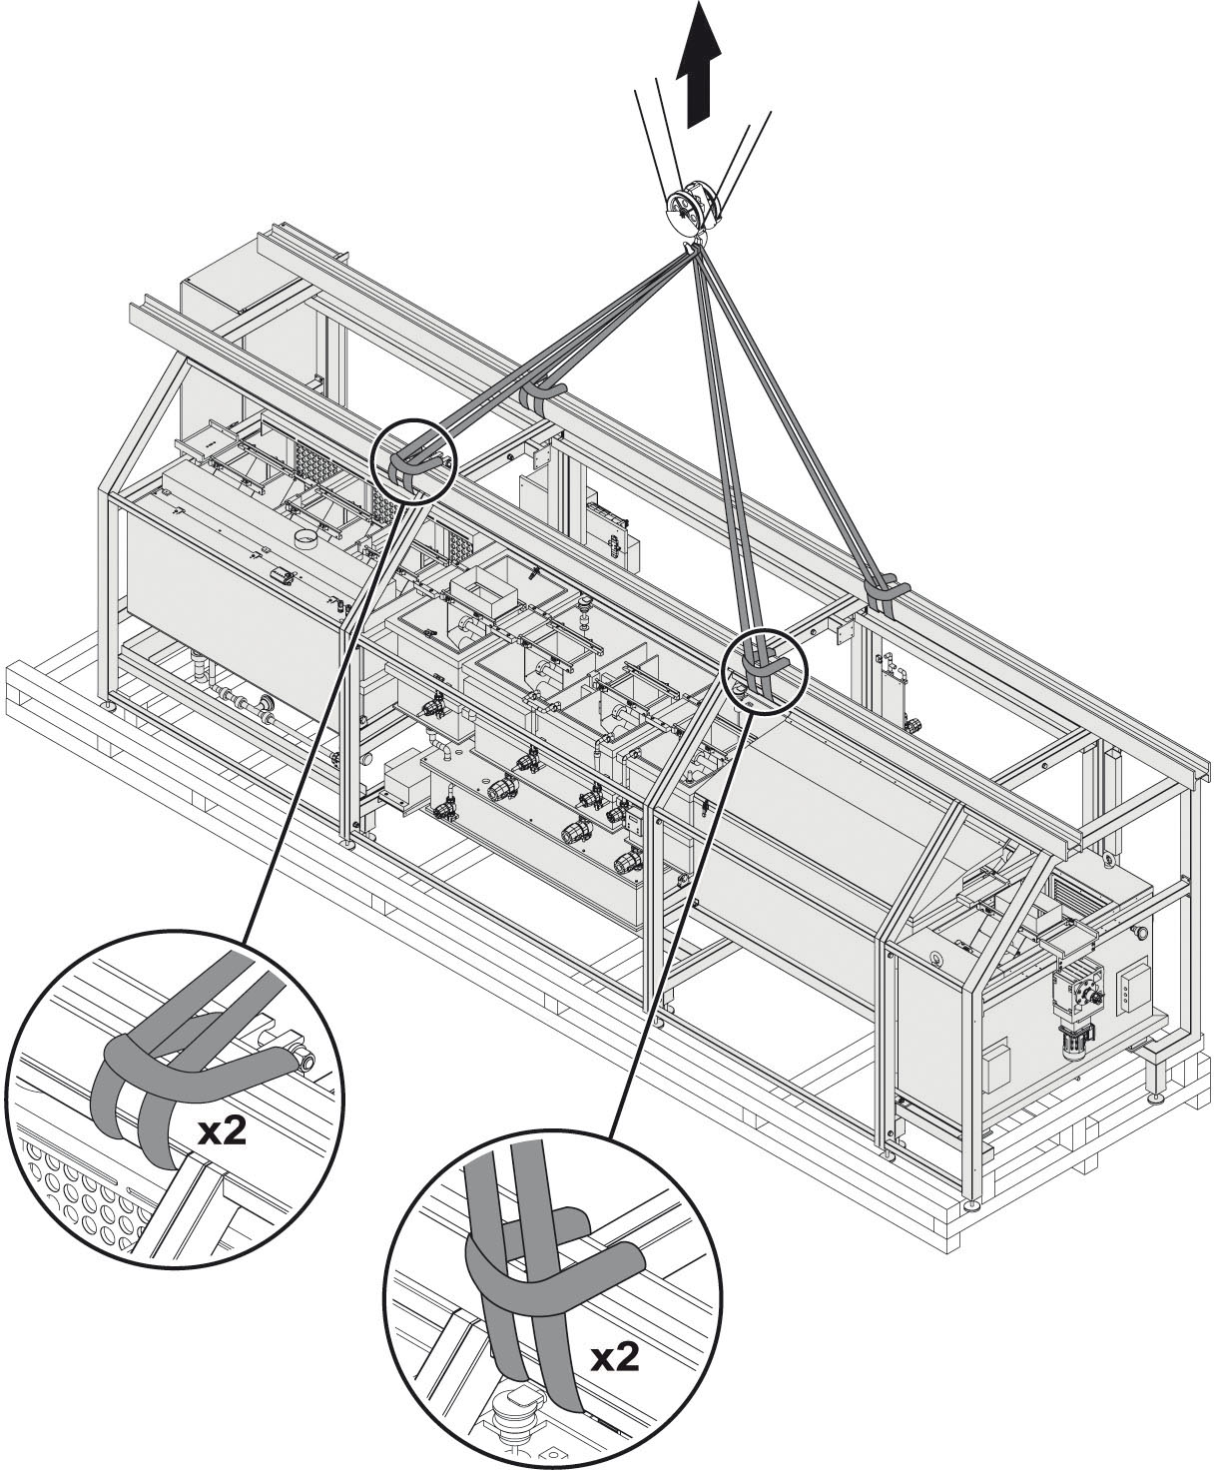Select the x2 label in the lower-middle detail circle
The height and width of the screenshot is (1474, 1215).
[615, 1355]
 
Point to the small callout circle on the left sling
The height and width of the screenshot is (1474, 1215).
[414, 460]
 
